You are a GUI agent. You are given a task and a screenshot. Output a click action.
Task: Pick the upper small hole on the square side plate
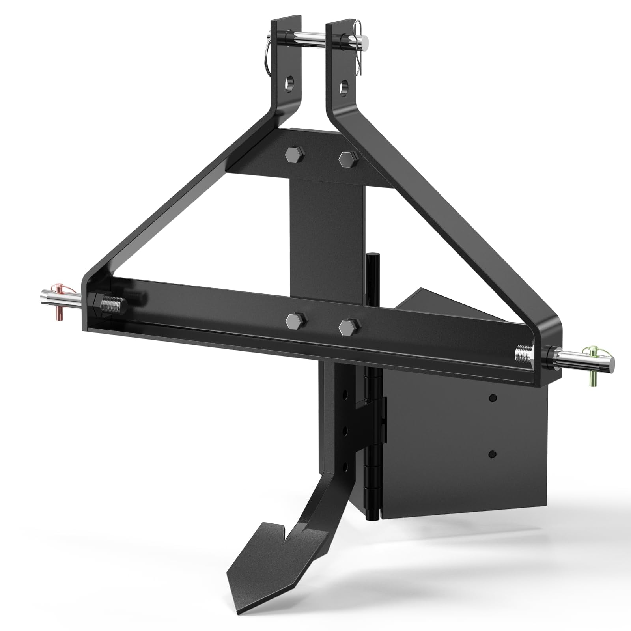pos(492,399)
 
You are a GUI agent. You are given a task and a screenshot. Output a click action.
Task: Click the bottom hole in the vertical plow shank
pos(345,467)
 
